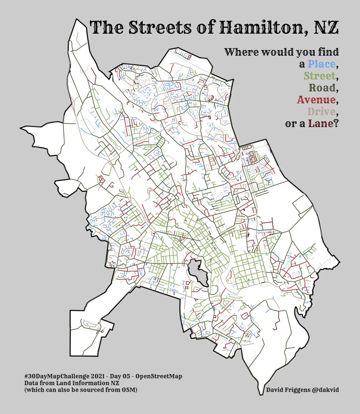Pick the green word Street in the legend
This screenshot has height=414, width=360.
coord(319,76)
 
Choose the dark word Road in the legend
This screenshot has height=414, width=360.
coord(322,88)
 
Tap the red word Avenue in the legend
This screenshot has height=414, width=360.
coord(316,100)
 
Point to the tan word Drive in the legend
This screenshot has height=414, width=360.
coord(321,112)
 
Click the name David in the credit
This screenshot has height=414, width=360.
coord(275,390)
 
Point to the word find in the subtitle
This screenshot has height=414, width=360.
coord(328,52)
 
